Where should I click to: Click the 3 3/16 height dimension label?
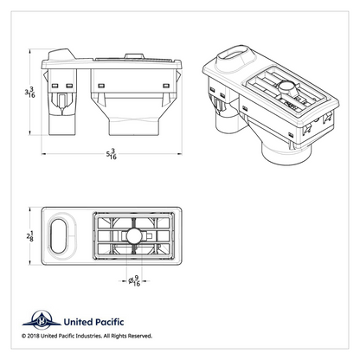coord(29,93)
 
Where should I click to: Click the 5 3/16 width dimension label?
coord(112,154)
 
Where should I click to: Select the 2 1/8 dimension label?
coord(29,236)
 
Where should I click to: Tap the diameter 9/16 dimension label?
coord(134,280)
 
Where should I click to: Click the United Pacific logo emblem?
coord(42,320)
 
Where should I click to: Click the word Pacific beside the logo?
coord(107,322)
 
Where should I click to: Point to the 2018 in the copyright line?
coord(33,336)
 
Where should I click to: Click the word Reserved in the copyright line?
coord(139,336)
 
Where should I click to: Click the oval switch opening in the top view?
coord(59,236)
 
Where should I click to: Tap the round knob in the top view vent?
coord(134,236)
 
